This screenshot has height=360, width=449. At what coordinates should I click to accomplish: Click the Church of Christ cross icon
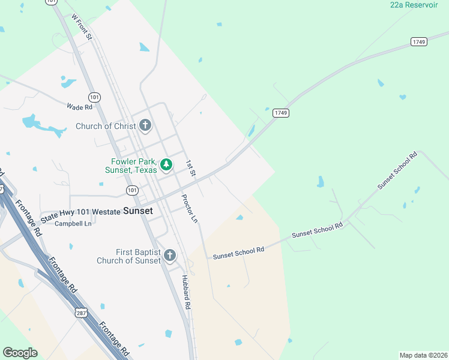click(x=145, y=126)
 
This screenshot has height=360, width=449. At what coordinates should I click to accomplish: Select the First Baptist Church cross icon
click(x=170, y=256)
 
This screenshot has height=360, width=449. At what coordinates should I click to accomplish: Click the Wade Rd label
click(x=79, y=107)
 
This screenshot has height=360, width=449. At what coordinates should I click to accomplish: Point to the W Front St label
click(x=81, y=28)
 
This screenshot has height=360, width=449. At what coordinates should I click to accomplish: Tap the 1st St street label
click(x=190, y=168)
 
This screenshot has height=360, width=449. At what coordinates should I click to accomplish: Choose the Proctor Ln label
click(x=189, y=208)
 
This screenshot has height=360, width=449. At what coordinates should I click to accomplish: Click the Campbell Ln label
click(x=73, y=224)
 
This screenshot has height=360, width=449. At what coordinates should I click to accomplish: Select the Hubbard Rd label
click(x=187, y=292)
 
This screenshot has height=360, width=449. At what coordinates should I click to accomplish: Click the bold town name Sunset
click(x=137, y=211)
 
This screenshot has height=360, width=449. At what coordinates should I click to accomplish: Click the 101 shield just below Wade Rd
click(x=94, y=97)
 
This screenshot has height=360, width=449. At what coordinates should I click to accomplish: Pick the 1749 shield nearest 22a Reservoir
click(x=419, y=41)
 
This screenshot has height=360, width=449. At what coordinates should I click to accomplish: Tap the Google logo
click(x=20, y=353)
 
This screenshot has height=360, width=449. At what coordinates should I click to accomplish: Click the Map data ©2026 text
click(x=423, y=355)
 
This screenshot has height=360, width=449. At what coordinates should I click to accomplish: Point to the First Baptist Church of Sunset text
click(x=129, y=256)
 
